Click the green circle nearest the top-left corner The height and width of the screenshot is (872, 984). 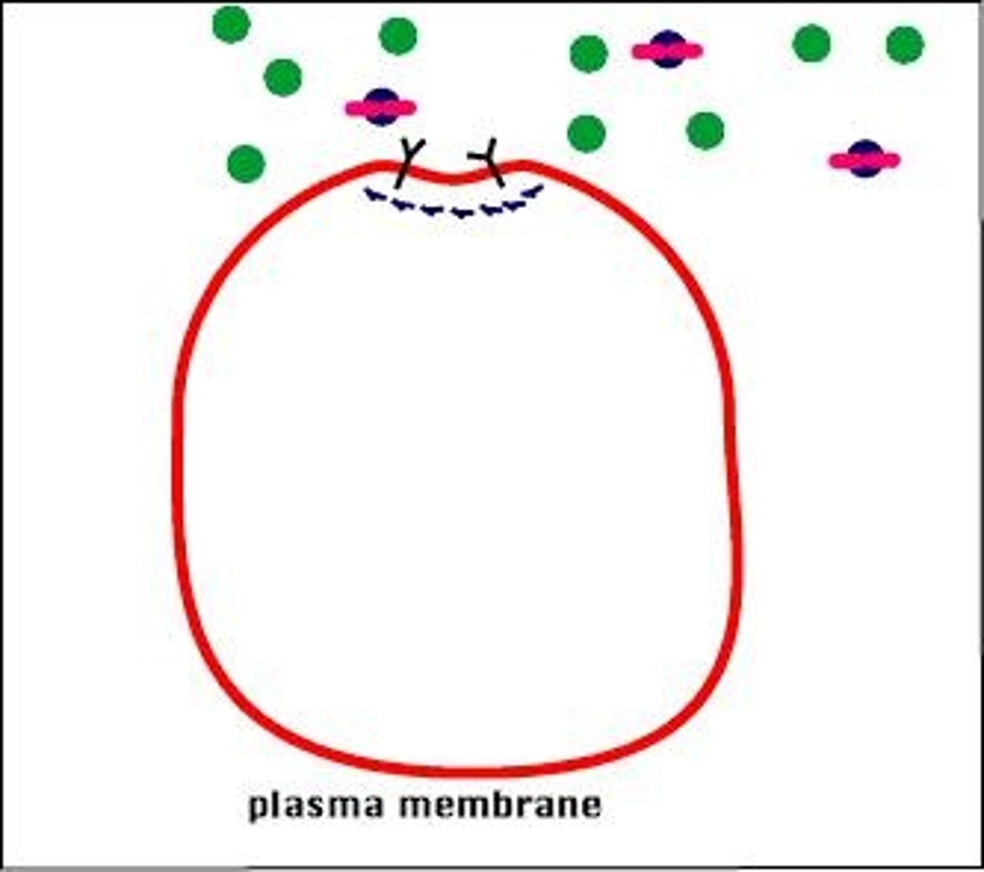(x=231, y=24)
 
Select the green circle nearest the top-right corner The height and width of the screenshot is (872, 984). (x=905, y=44)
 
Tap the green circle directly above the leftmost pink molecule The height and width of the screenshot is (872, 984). (x=398, y=36)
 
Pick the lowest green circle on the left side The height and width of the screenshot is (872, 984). (x=246, y=164)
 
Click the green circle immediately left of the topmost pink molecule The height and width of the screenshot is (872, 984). (x=589, y=54)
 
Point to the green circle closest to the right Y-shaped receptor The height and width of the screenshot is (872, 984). (x=586, y=134)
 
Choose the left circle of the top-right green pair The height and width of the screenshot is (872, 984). (x=811, y=43)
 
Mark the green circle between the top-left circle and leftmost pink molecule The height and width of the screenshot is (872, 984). (x=283, y=77)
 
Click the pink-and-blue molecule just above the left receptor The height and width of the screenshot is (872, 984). (x=381, y=108)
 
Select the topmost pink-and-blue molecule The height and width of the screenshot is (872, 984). (x=667, y=50)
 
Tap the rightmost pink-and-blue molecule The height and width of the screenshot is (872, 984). (x=865, y=159)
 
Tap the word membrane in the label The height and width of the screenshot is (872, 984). (x=501, y=804)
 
